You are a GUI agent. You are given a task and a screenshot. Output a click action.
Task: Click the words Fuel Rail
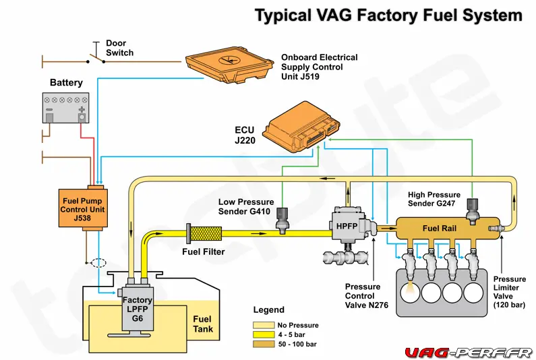pos(440,229)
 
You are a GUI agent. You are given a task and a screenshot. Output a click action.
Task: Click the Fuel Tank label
pos(202,324)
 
